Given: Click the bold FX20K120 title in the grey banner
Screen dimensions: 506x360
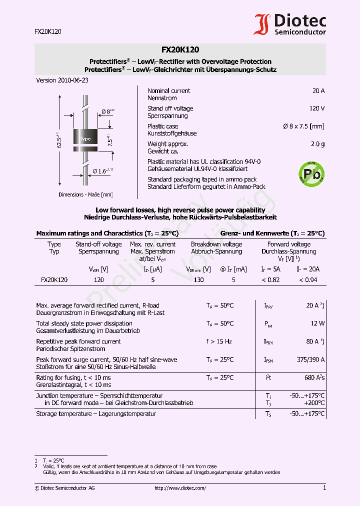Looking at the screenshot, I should click(x=180, y=49).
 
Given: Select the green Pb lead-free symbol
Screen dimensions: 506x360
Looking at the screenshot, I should click(x=310, y=173).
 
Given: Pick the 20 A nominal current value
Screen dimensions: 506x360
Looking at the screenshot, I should click(x=318, y=91).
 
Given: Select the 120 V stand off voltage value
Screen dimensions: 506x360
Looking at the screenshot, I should click(x=316, y=108).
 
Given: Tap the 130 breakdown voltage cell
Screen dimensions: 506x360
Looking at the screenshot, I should click(x=198, y=280).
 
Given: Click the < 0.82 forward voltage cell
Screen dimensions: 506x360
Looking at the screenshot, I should click(x=270, y=280).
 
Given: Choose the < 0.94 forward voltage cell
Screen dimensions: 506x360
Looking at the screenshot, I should click(x=307, y=280).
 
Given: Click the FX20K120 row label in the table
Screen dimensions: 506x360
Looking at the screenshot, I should click(x=54, y=280).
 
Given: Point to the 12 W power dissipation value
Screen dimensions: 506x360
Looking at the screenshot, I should click(x=317, y=323).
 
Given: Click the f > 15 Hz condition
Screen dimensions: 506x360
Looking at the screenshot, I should click(x=219, y=341).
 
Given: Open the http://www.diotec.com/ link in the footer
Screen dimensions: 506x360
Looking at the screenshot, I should click(x=180, y=488).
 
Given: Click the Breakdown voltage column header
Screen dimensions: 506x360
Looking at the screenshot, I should click(x=216, y=244).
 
